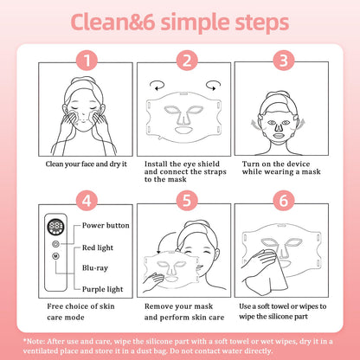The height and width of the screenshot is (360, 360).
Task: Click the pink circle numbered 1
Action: click(x=87, y=61)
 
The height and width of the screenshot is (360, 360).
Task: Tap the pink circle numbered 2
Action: click(x=187, y=61)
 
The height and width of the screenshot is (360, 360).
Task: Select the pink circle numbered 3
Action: click(x=284, y=61)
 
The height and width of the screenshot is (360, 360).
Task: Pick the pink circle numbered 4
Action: click(x=87, y=201)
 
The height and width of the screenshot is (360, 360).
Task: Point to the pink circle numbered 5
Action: click(x=187, y=201)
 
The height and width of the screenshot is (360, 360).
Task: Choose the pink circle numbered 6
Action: click(x=284, y=201)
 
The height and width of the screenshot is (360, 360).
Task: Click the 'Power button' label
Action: click(x=106, y=225)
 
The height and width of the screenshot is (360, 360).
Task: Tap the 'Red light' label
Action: click(x=98, y=247)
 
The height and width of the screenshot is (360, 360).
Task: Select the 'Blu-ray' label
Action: click(x=95, y=268)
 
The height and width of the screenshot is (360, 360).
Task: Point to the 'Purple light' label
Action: click(x=102, y=289)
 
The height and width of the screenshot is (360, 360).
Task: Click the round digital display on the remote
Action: click(x=55, y=227)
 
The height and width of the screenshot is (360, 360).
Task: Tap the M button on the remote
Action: click(x=55, y=256)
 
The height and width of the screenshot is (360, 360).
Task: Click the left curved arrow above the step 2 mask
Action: click(x=157, y=86)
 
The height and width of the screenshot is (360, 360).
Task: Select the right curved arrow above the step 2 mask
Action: click(x=213, y=86)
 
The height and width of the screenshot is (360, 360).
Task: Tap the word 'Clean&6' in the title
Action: click(x=113, y=22)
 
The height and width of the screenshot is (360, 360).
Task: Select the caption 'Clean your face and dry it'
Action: click(x=86, y=164)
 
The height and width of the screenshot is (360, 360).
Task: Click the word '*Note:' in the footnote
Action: click(x=34, y=342)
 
